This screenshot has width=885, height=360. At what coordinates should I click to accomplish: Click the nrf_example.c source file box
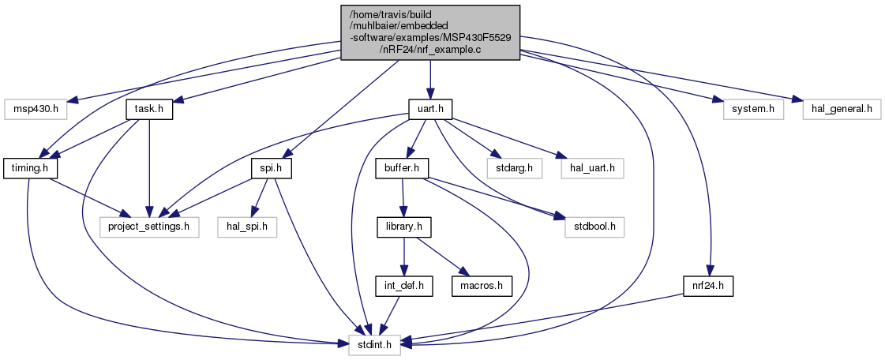(x=430, y=32)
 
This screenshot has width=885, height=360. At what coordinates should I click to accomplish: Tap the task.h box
(x=149, y=107)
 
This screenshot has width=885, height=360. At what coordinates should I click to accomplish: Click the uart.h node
(x=430, y=107)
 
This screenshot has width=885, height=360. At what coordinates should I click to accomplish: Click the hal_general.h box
(x=842, y=107)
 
